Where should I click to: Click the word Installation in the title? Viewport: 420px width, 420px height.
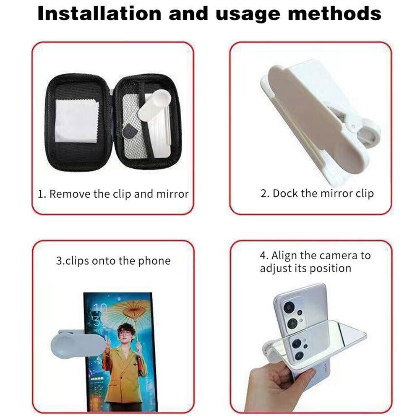99,13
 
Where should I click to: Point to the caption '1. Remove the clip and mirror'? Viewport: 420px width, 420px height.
113,194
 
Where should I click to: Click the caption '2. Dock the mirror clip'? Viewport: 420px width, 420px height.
317,193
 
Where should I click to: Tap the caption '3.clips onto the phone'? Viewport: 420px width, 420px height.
113,261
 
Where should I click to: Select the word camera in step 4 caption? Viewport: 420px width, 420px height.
339,256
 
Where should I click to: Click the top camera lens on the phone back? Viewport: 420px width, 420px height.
289,308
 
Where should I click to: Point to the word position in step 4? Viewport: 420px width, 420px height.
330,268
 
